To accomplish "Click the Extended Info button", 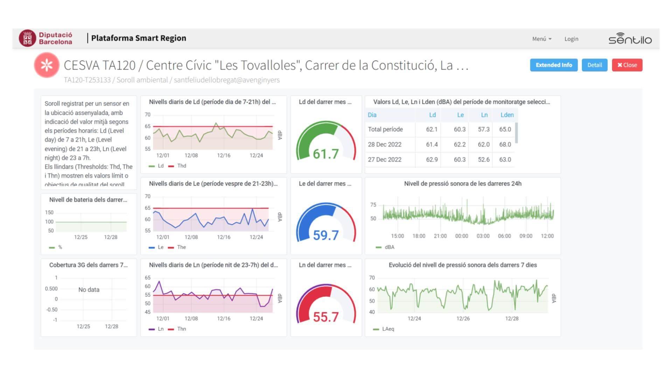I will pos(554,65).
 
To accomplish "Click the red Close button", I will pos(627,65).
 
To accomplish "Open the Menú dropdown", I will pos(541,39).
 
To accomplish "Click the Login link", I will pos(571,39).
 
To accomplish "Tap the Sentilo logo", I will pos(630,38).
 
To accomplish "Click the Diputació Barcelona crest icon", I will pos(27,38).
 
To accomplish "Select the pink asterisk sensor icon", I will pos(47,65).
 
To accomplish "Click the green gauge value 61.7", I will pos(325,154).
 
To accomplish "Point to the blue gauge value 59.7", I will pos(325,235).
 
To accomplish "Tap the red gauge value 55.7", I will pos(325,317).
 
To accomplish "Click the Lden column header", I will pos(507,115).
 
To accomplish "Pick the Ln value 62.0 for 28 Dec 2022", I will pos(484,144).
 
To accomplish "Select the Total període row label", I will pos(385,129).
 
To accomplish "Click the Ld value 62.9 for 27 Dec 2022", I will pos(432,160).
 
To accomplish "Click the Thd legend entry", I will pos(181,166).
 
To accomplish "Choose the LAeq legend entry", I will pos(388,329).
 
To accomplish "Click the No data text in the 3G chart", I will pos(89,290).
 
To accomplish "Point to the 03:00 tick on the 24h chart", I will pos(483,236).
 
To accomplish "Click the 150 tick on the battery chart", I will pos(49,212).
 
